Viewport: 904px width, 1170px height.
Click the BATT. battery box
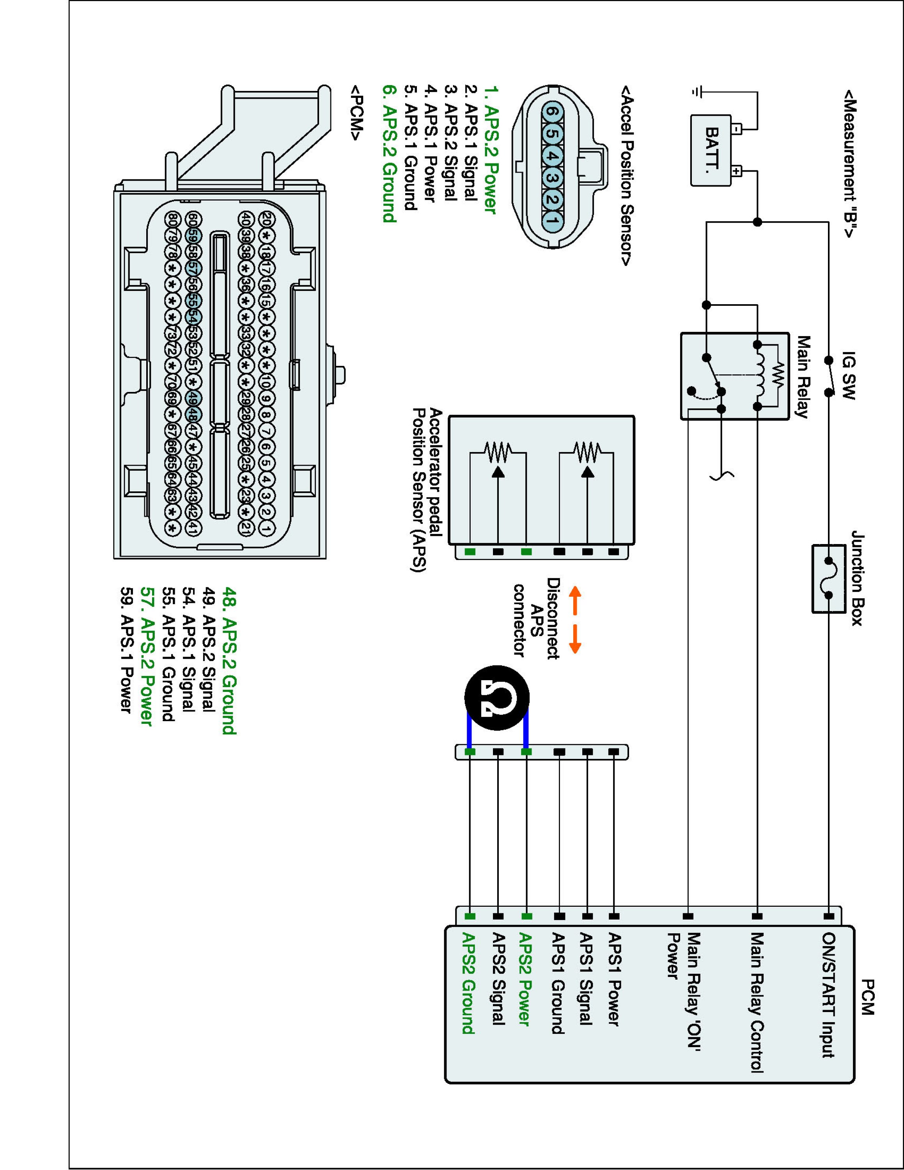tap(711, 151)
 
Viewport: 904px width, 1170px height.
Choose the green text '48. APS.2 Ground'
tap(229, 661)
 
